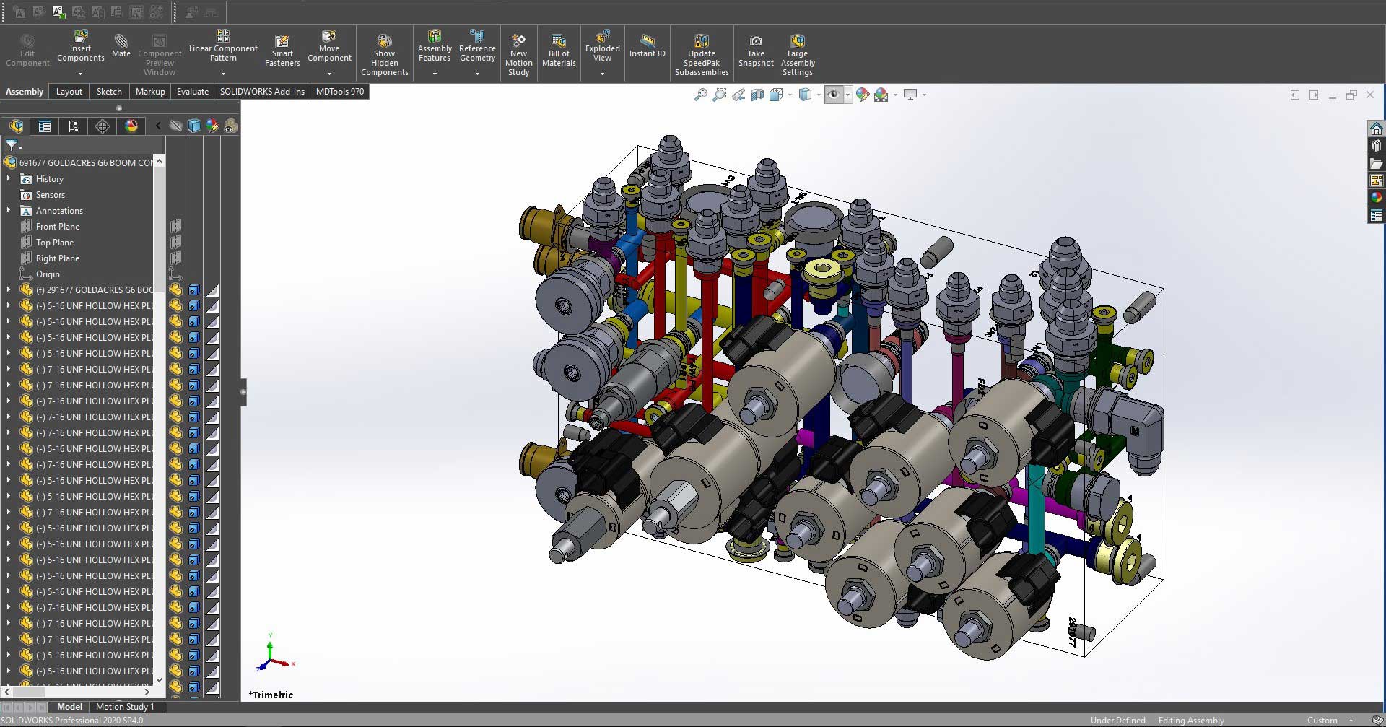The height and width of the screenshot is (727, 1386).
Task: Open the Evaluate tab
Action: click(x=192, y=92)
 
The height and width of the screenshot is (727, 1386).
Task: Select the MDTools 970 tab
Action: click(x=339, y=92)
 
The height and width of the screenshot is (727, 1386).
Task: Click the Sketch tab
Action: click(x=109, y=92)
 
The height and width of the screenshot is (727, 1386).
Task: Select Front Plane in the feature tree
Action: click(x=57, y=227)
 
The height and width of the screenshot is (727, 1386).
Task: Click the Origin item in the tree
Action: click(x=48, y=274)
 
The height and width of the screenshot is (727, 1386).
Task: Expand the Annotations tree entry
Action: click(x=9, y=211)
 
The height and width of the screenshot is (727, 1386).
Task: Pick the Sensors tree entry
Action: click(x=50, y=195)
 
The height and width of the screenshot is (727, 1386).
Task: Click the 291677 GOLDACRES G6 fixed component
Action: click(x=94, y=290)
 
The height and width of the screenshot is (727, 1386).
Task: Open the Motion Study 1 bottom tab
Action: click(x=124, y=707)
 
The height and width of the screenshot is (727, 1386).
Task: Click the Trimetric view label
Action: click(x=271, y=695)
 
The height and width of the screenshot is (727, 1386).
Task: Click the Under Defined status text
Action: click(x=1117, y=721)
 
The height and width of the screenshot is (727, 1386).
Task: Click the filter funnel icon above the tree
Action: click(x=12, y=146)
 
